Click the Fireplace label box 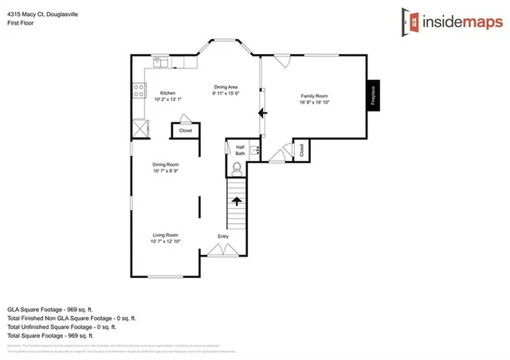coord(373,96)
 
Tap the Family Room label coord(314,95)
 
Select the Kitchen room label coord(167,92)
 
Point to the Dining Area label coord(226,87)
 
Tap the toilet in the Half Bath coord(237,168)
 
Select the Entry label coord(223,237)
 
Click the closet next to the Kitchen coord(185,130)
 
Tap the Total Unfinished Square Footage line coord(61,327)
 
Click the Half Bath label coord(239,150)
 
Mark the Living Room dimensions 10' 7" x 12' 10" coord(167,241)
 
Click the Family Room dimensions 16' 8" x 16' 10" coord(314,102)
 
